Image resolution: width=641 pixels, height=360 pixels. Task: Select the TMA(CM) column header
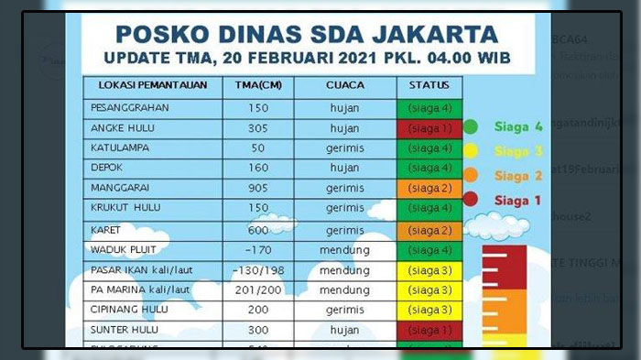click(257, 86)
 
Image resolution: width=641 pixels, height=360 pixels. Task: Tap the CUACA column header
click(344, 86)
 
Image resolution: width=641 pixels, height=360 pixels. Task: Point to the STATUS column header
click(430, 86)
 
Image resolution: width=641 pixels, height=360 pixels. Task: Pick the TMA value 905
click(257, 189)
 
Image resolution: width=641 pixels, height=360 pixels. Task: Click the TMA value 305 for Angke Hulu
click(257, 127)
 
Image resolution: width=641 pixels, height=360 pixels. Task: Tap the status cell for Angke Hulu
click(429, 127)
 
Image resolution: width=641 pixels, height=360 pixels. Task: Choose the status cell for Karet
click(429, 229)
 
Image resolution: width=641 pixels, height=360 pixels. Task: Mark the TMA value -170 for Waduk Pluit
click(257, 249)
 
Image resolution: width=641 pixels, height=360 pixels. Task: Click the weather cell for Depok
click(344, 168)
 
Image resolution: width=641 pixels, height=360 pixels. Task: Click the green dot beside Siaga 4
click(471, 126)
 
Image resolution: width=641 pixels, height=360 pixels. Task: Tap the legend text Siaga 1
click(518, 199)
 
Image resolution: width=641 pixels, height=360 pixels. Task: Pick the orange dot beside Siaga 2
click(471, 175)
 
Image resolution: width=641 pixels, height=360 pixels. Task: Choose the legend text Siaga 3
click(518, 151)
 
